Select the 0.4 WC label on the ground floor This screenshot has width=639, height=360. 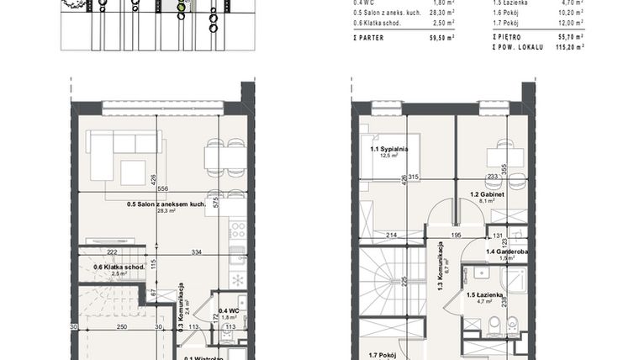click(x=227, y=310)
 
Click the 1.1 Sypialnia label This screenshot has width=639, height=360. click(x=388, y=149)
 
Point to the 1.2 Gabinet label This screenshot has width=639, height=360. click(x=485, y=194)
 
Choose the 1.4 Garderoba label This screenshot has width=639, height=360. click(x=507, y=251)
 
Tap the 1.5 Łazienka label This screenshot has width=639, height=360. click(x=485, y=294)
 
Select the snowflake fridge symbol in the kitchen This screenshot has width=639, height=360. click(x=237, y=280)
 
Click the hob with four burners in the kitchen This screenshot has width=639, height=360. click(x=237, y=228)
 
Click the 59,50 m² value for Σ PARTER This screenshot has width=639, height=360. click(x=439, y=38)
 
